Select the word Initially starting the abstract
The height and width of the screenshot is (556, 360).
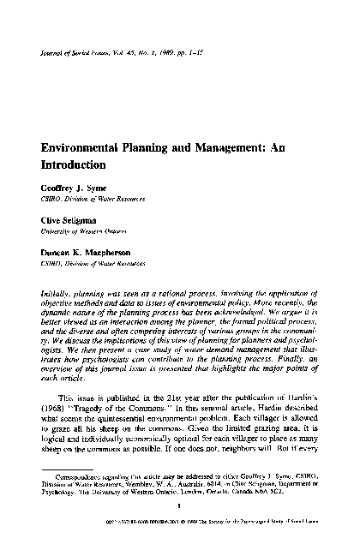57,293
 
